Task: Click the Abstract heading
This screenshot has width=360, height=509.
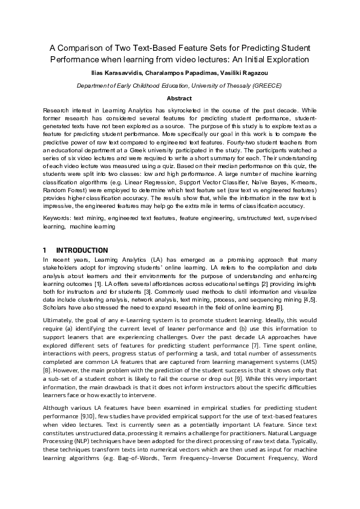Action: point(180,99)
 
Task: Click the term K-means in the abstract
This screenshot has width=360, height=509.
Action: point(301,189)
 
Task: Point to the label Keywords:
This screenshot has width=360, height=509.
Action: point(57,216)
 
